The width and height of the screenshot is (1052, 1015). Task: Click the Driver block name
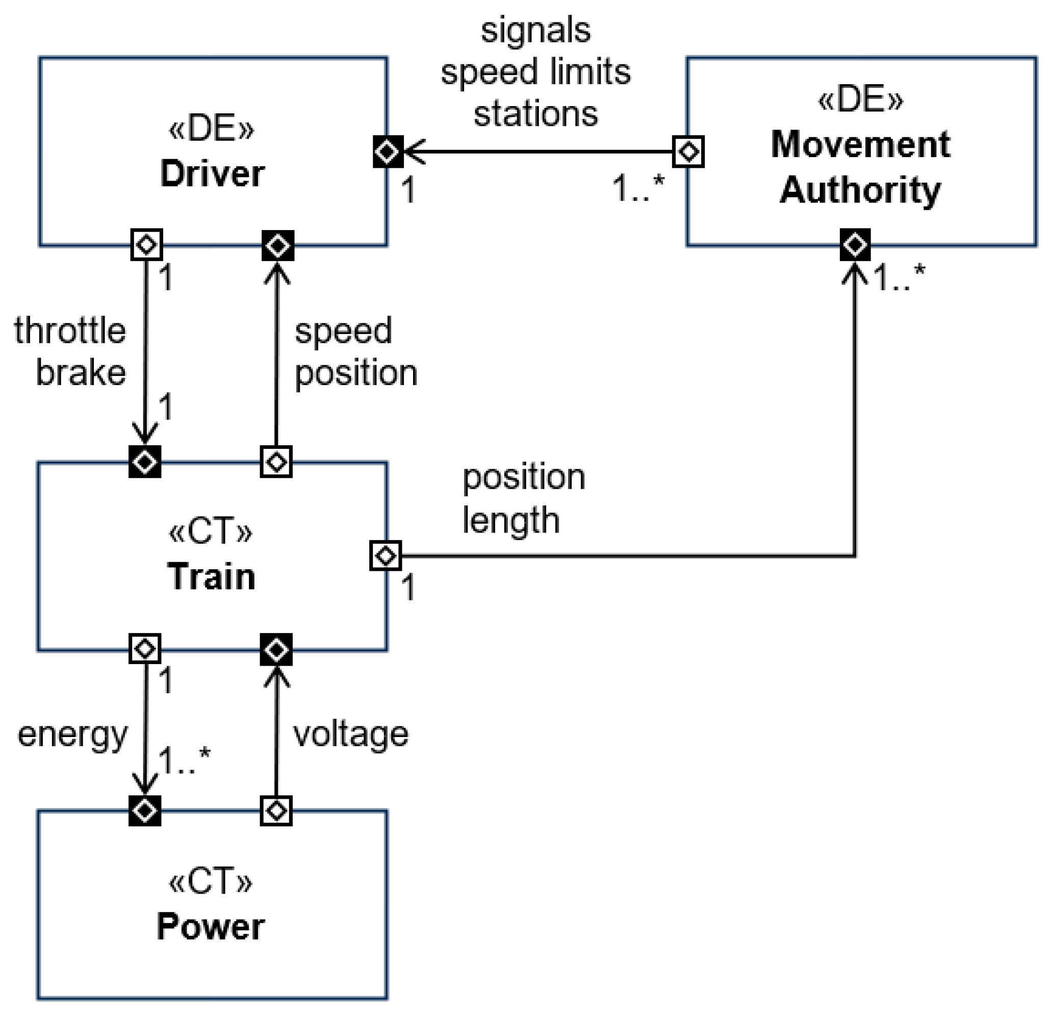213,174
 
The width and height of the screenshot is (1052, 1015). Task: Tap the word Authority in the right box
860,190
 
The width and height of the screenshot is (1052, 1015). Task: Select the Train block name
212,577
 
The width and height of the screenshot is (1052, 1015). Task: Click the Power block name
211,926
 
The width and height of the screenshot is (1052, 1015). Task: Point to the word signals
535,31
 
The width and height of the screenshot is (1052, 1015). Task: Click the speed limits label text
535,72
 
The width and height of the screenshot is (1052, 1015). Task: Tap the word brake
81,372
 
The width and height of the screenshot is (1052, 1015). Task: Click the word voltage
350,735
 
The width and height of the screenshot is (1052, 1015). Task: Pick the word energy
73,735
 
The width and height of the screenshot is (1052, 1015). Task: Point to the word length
511,520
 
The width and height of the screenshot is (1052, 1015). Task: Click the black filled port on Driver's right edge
388,152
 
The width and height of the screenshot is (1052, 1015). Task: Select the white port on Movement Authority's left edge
688,152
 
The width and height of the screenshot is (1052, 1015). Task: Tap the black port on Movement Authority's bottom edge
855,245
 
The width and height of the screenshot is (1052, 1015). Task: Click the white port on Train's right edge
386,555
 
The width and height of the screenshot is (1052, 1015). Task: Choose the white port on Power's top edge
276,810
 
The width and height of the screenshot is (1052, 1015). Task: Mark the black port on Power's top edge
145,810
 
